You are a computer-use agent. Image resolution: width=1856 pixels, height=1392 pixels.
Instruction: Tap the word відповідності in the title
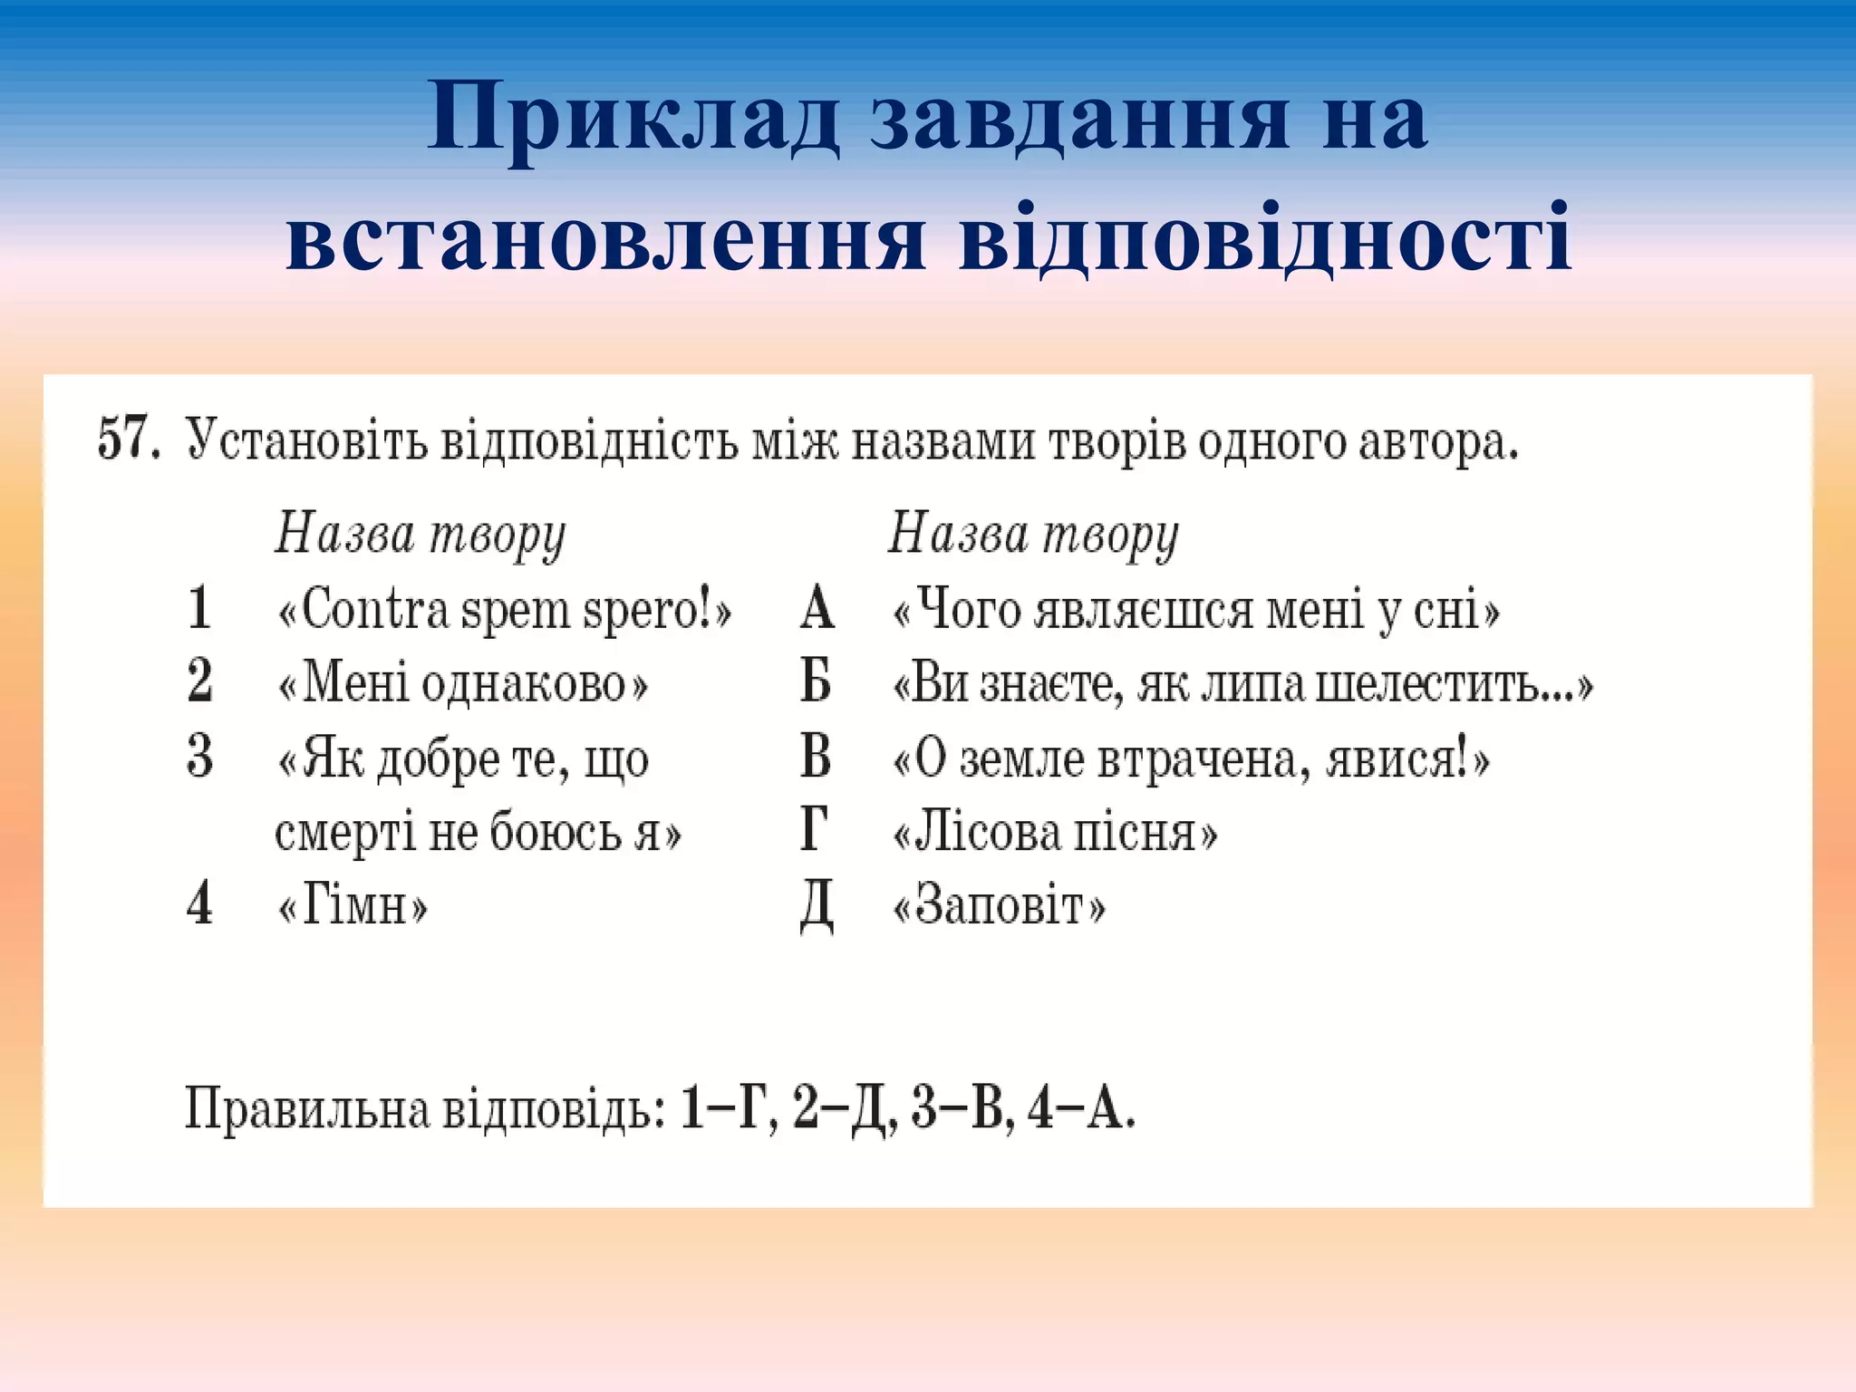pyautogui.click(x=1265, y=238)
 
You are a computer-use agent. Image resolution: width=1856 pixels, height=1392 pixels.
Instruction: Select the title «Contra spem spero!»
pyautogui.click(x=504, y=609)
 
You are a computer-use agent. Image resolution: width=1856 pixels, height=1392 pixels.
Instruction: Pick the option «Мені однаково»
pyautogui.click(x=462, y=683)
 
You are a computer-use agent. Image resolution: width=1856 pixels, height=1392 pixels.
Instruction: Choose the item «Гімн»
pyautogui.click(x=352, y=905)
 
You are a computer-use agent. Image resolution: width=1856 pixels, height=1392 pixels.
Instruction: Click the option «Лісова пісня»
pyautogui.click(x=1055, y=832)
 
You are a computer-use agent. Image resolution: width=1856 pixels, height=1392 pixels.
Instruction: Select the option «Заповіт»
pyautogui.click(x=999, y=905)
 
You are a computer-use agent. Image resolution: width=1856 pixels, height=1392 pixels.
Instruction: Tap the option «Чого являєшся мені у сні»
pyautogui.click(x=1195, y=609)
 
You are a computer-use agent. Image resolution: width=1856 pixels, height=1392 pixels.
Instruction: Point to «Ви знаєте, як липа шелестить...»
pyautogui.click(x=1242, y=683)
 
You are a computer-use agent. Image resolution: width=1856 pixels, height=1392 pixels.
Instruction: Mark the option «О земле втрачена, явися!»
pyautogui.click(x=1191, y=758)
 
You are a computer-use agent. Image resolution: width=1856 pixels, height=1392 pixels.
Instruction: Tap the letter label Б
pyautogui.click(x=816, y=681)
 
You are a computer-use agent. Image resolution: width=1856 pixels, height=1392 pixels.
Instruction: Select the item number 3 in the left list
pyautogui.click(x=199, y=757)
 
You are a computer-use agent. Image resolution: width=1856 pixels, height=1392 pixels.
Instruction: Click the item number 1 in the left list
pyautogui.click(x=199, y=608)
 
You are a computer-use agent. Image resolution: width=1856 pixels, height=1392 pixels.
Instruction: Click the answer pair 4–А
pyautogui.click(x=1078, y=1107)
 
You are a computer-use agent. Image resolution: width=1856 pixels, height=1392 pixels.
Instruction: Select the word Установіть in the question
pyautogui.click(x=306, y=441)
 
